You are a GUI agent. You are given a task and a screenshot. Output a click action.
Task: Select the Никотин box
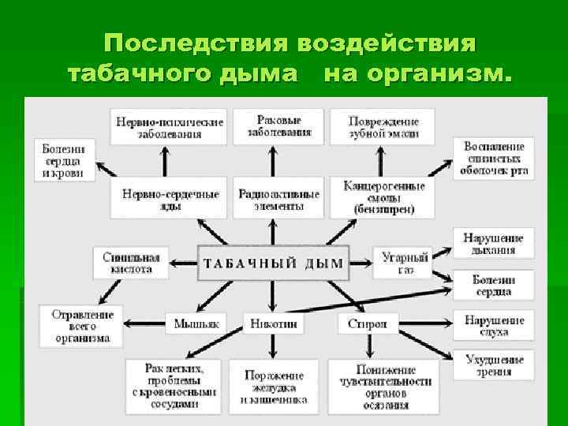click(x=273, y=323)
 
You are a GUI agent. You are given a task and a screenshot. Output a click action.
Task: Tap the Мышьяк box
click(x=195, y=323)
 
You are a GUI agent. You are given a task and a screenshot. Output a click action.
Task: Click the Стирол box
click(x=367, y=323)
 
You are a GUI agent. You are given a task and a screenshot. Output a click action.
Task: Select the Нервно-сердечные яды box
click(x=164, y=200)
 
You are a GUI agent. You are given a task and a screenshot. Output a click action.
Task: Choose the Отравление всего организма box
click(x=82, y=326)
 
